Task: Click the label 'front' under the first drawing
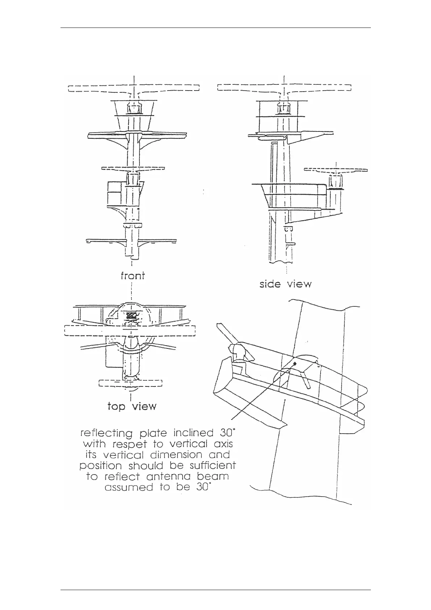click(133, 276)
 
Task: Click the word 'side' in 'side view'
click(270, 284)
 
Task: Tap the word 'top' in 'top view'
click(117, 406)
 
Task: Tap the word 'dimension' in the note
click(172, 455)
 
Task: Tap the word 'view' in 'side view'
click(299, 284)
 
